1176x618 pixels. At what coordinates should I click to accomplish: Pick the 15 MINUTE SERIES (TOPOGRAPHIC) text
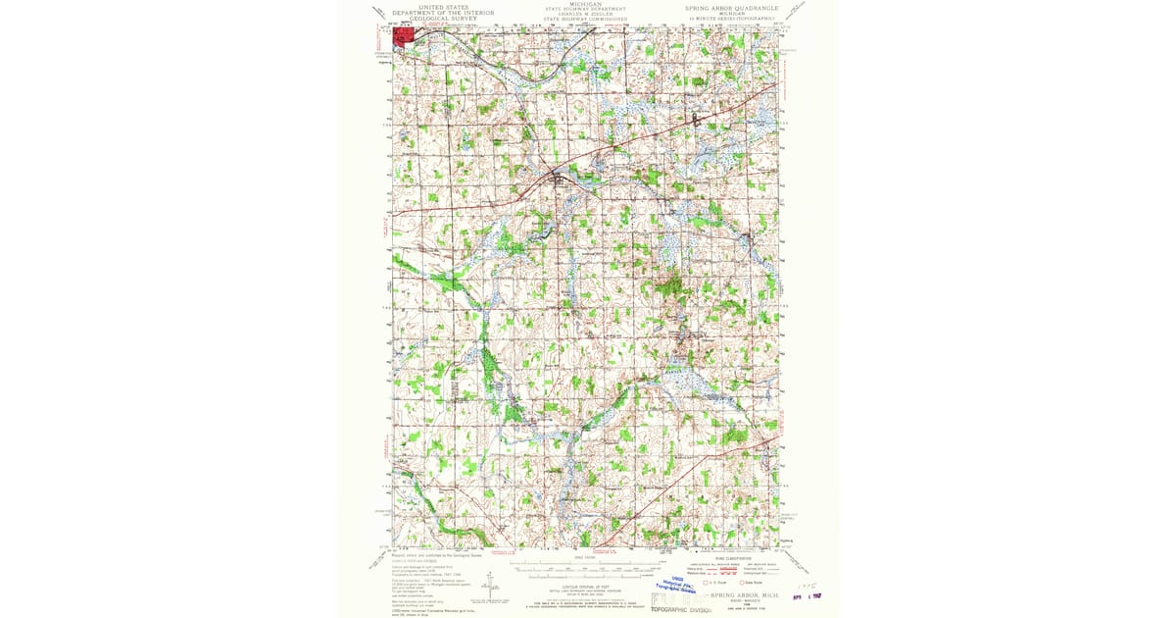click(733, 18)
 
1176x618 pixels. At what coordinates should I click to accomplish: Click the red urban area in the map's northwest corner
click(403, 36)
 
